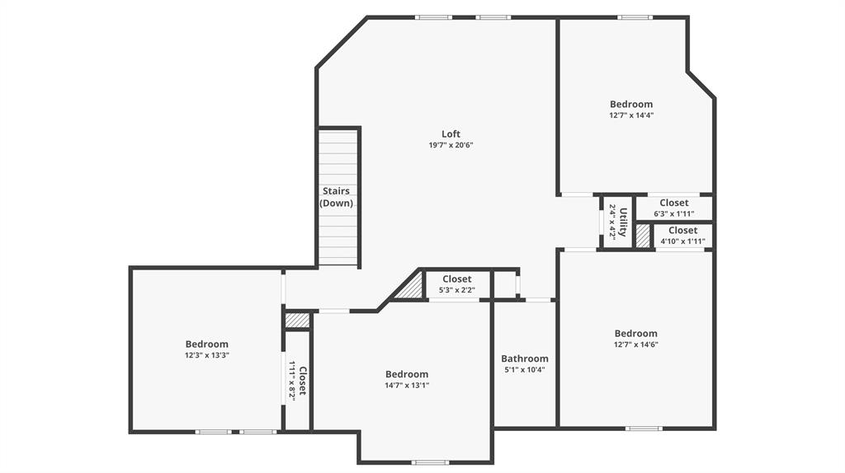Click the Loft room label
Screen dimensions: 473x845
451,133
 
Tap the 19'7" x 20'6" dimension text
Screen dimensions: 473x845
451,145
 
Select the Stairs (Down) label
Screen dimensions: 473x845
336,197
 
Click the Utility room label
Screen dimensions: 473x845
624,222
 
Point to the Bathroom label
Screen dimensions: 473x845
525,358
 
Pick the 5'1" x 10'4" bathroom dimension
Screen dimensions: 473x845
525,370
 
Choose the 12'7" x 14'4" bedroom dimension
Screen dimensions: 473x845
631,115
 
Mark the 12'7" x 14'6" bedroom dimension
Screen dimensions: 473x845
635,344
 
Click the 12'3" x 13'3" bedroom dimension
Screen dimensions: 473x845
206,355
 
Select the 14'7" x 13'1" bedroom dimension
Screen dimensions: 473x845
407,385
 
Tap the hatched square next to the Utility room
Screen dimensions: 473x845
643,236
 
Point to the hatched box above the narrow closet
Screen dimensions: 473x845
297,320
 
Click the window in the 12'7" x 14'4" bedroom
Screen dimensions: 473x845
635,17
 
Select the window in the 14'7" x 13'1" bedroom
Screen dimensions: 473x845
430,462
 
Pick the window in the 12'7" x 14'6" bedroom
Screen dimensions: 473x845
644,428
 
